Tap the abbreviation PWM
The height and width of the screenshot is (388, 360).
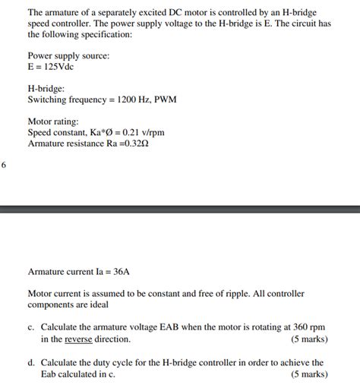164,99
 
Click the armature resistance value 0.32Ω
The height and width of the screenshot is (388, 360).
134,144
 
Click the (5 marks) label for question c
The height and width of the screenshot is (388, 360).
309,339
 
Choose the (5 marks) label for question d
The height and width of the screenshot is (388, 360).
309,374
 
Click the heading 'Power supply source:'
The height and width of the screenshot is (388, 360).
68,56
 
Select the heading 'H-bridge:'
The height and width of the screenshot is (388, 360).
47,89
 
